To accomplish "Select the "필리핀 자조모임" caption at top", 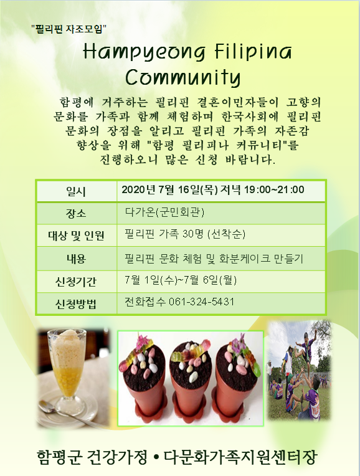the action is coord(69,29).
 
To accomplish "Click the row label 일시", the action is coord(76,191).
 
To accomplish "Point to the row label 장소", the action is coord(76,213).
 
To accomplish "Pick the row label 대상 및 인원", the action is coord(76,236).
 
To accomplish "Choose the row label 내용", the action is coord(76,259).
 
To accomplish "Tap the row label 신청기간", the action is coord(76,282).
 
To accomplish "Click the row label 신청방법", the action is coord(76,303).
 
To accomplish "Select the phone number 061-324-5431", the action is coord(202,302).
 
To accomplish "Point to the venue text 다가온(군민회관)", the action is coord(165,212).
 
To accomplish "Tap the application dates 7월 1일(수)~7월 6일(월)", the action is coord(181,280).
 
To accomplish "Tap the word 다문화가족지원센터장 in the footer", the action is coord(240,457).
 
